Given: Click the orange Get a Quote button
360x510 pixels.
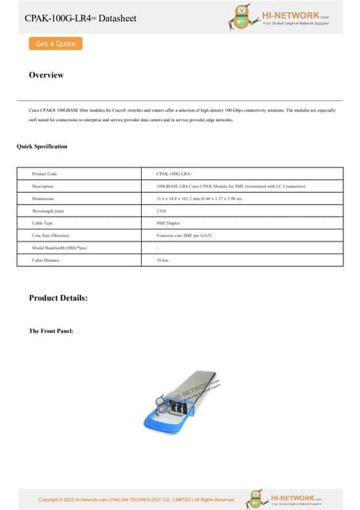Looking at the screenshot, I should [55, 43].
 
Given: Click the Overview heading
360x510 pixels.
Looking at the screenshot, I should [46, 76].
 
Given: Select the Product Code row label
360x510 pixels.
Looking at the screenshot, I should [45, 173].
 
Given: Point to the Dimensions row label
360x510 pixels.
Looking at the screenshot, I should [43, 198].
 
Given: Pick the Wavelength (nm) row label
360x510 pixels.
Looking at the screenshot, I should [47, 211].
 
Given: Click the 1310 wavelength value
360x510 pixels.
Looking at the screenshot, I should [162, 211].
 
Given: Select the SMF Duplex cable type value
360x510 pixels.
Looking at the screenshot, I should [168, 224].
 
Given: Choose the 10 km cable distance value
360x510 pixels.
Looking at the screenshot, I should [162, 261].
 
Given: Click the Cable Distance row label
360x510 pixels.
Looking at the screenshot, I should [45, 261].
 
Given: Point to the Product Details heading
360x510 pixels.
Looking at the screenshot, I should [58, 298].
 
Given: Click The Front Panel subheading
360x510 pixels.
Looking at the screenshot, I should [51, 331].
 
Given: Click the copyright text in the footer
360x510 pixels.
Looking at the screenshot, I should [137, 500].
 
